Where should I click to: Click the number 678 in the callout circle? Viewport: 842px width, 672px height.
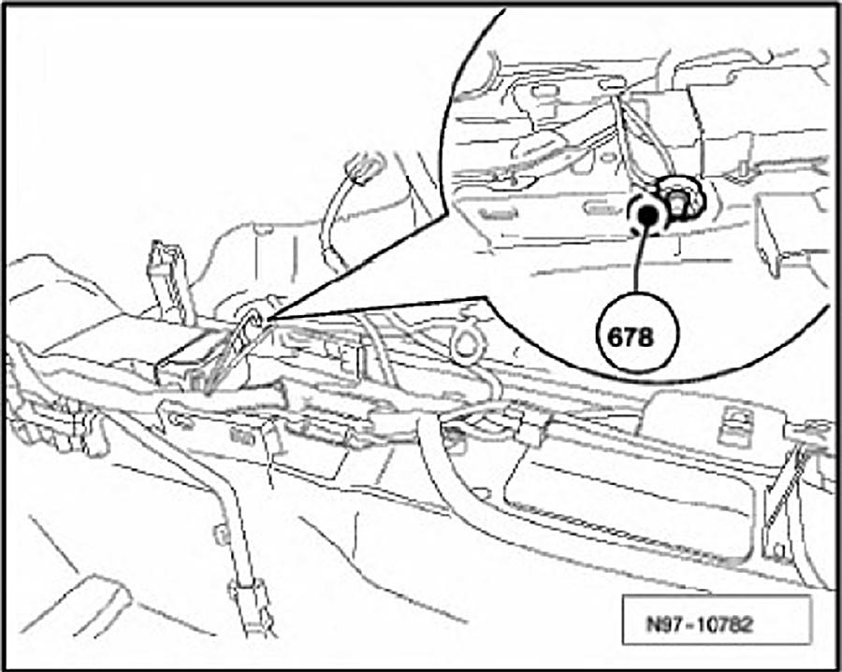(x=631, y=337)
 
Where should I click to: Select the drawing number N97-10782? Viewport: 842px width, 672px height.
(x=699, y=623)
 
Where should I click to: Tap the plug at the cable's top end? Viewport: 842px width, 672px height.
(x=365, y=168)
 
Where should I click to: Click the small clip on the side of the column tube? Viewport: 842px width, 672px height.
(x=221, y=533)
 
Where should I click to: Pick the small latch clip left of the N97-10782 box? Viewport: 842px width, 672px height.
(x=777, y=551)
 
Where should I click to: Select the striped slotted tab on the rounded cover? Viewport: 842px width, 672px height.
(x=736, y=425)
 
